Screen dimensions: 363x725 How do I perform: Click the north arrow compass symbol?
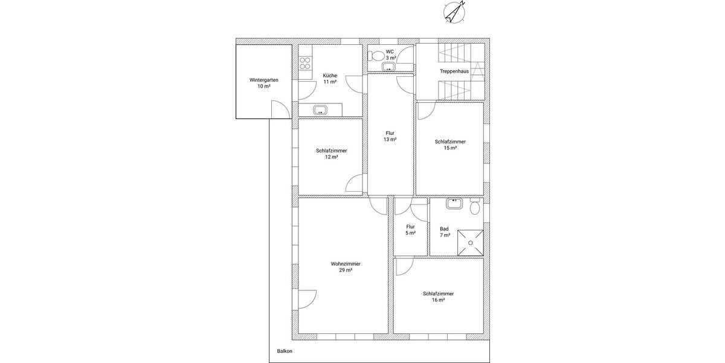pos(454,12)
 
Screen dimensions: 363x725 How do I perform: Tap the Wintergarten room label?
pos(263,80)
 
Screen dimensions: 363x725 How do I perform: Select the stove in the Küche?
pos(305,63)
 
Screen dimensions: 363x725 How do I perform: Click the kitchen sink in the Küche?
pos(320,110)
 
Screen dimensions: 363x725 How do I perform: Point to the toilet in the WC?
pos(378,56)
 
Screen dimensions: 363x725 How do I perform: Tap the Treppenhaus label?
pos(454,71)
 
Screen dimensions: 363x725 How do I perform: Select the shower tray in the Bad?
pos(470,242)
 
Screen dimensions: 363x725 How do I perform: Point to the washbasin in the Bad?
pos(454,204)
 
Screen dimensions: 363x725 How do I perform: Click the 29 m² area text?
pos(346,270)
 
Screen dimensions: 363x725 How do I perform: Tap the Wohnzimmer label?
pos(346,264)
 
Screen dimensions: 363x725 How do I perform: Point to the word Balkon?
pos(285,352)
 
